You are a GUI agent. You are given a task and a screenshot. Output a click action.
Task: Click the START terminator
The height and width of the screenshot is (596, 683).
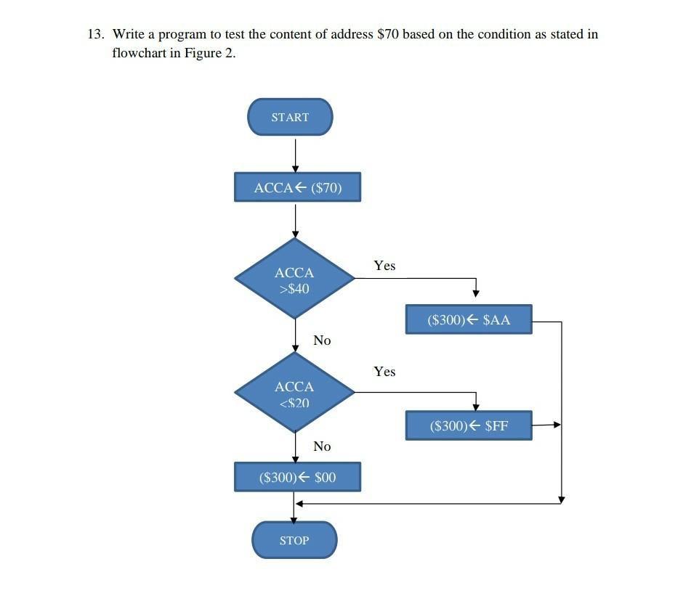[x=290, y=117]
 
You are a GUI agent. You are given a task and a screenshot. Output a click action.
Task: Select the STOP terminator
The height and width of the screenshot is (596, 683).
[x=294, y=540]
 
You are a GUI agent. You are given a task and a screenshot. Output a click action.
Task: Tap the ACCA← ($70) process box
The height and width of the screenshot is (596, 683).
[x=297, y=187]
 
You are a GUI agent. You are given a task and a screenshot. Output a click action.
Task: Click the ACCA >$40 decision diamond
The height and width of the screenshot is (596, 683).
[x=294, y=279]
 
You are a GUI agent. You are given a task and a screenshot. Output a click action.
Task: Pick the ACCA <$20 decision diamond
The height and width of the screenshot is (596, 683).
[x=294, y=393]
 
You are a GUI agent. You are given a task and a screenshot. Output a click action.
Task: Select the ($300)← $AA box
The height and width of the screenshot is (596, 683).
[x=469, y=319]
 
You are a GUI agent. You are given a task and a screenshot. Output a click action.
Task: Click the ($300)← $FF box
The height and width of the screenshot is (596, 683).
[x=469, y=425]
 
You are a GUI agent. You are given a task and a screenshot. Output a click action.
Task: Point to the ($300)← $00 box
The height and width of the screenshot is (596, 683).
[x=297, y=477]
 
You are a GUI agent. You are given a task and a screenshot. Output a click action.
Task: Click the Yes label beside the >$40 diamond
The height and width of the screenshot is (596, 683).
[x=384, y=266]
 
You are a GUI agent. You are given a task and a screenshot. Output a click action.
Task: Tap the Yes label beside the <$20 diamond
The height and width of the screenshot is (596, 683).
[x=384, y=372]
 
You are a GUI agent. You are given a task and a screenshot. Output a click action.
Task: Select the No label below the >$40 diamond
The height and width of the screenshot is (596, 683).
[x=322, y=340]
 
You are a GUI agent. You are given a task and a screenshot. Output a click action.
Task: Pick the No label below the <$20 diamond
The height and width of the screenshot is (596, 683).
[x=322, y=446]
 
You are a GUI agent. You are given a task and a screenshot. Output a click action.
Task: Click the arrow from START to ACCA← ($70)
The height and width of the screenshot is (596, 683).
[x=295, y=154]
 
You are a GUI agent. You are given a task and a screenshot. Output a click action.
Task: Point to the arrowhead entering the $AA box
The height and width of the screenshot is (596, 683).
[x=475, y=293]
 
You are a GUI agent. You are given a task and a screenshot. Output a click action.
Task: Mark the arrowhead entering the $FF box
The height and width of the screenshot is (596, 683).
[x=475, y=405]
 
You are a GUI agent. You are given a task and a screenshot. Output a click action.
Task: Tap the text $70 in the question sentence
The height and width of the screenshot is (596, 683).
[x=388, y=34]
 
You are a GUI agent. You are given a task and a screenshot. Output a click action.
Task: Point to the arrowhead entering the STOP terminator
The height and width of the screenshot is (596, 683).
[x=294, y=518]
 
